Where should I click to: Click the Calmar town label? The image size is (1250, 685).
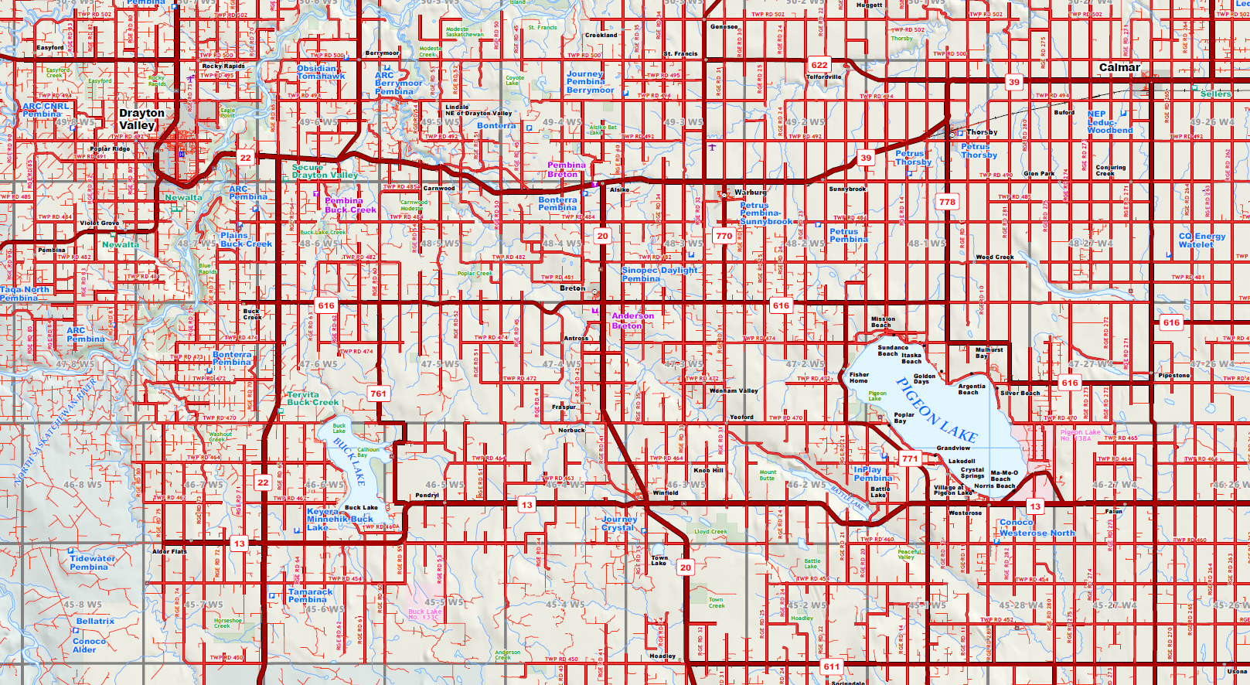[x=1119, y=68]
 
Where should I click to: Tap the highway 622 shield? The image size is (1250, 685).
[x=819, y=65]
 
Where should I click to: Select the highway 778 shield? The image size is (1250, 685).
[x=947, y=202]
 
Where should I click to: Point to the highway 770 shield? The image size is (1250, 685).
[x=724, y=236]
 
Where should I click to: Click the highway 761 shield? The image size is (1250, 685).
[x=378, y=394]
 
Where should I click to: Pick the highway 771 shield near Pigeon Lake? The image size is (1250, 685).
[x=910, y=458]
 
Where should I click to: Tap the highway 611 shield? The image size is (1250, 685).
[x=831, y=666]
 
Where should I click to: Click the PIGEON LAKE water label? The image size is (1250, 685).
[x=936, y=409]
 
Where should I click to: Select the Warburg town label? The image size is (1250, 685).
[x=750, y=192]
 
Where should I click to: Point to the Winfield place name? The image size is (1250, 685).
[x=666, y=492]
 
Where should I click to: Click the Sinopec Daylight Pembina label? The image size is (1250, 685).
[x=659, y=274]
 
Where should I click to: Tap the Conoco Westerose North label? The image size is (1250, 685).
[x=1037, y=528]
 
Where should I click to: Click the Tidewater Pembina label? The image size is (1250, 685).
[x=92, y=563]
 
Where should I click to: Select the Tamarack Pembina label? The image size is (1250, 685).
[x=310, y=595]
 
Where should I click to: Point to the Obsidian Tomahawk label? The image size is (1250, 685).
[x=321, y=72]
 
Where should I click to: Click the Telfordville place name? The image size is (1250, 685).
[x=823, y=77]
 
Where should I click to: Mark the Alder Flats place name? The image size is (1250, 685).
[x=169, y=551]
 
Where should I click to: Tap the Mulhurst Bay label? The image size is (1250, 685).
[x=989, y=353]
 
